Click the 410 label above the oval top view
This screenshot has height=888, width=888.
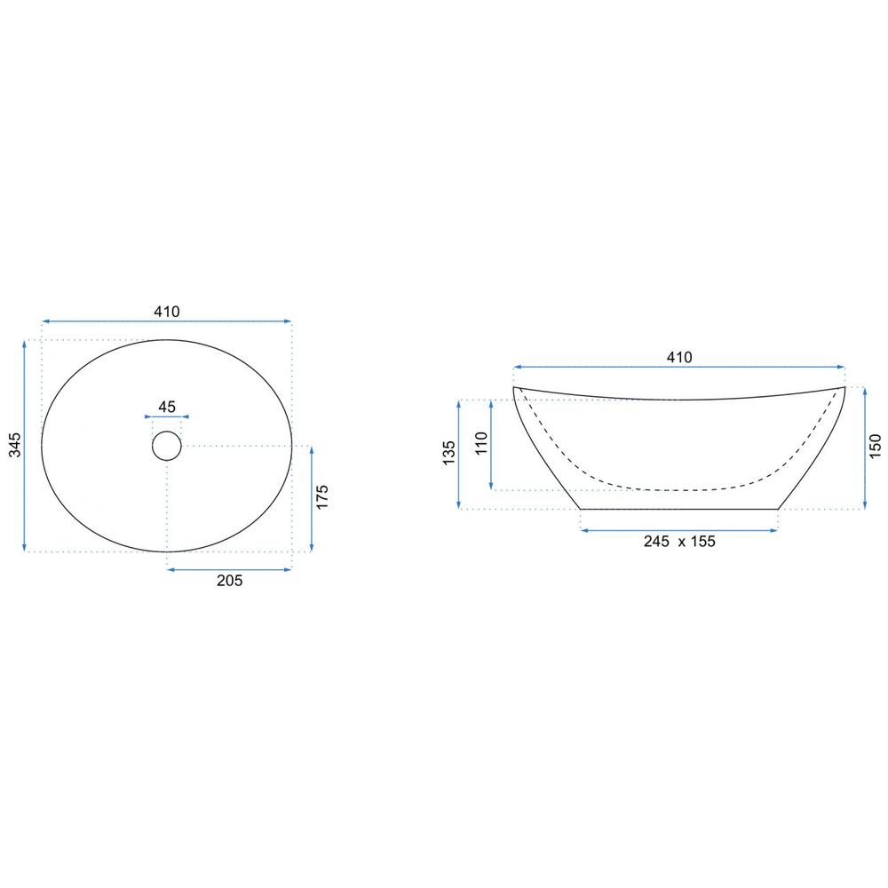click(167, 311)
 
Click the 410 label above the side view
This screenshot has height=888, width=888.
click(679, 357)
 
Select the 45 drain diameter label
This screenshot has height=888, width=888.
click(167, 407)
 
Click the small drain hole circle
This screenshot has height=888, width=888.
click(167, 445)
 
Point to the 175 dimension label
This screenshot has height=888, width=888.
click(322, 496)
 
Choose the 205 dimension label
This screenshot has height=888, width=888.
click(229, 581)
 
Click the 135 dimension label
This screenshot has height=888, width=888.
click(448, 453)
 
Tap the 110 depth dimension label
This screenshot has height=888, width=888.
click(480, 442)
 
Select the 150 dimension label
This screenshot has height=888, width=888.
click(875, 447)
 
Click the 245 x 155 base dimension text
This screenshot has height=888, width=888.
click(679, 541)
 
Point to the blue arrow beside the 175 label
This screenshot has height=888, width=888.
click(311, 498)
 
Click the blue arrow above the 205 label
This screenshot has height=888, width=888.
click(229, 568)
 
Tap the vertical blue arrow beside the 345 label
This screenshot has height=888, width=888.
click(25, 445)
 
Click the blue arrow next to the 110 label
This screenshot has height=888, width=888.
click(491, 443)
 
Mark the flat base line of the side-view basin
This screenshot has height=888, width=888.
click(679, 509)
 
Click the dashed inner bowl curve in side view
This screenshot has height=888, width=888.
click(679, 488)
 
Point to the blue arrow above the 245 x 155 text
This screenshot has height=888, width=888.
click(679, 530)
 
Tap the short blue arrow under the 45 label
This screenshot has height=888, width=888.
click(167, 416)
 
